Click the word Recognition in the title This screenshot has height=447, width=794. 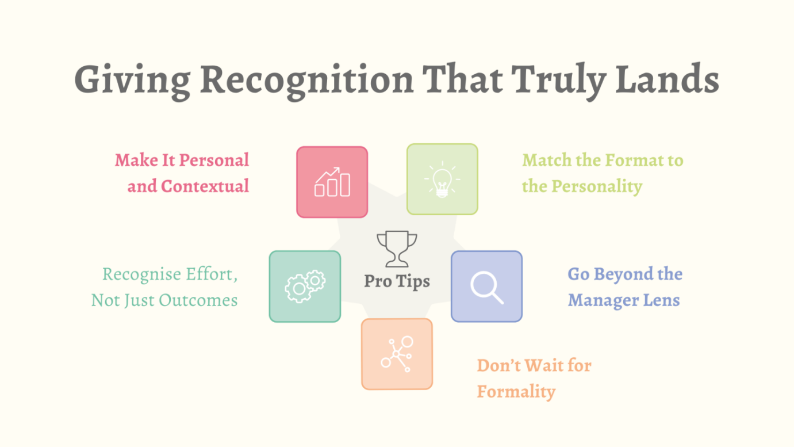point(307,81)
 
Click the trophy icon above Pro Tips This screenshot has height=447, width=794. point(397,249)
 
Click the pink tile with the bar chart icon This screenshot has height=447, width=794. point(332,182)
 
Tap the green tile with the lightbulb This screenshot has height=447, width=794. point(442,179)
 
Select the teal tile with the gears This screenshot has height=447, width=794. point(305,286)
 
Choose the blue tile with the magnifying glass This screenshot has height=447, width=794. point(486,286)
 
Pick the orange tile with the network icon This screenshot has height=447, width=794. point(397,354)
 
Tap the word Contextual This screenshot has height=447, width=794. point(205,186)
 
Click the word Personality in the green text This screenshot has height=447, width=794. point(597,186)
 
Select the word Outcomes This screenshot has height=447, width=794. point(198,300)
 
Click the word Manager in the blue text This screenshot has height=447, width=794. point(602,301)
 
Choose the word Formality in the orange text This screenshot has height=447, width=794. point(516,392)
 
